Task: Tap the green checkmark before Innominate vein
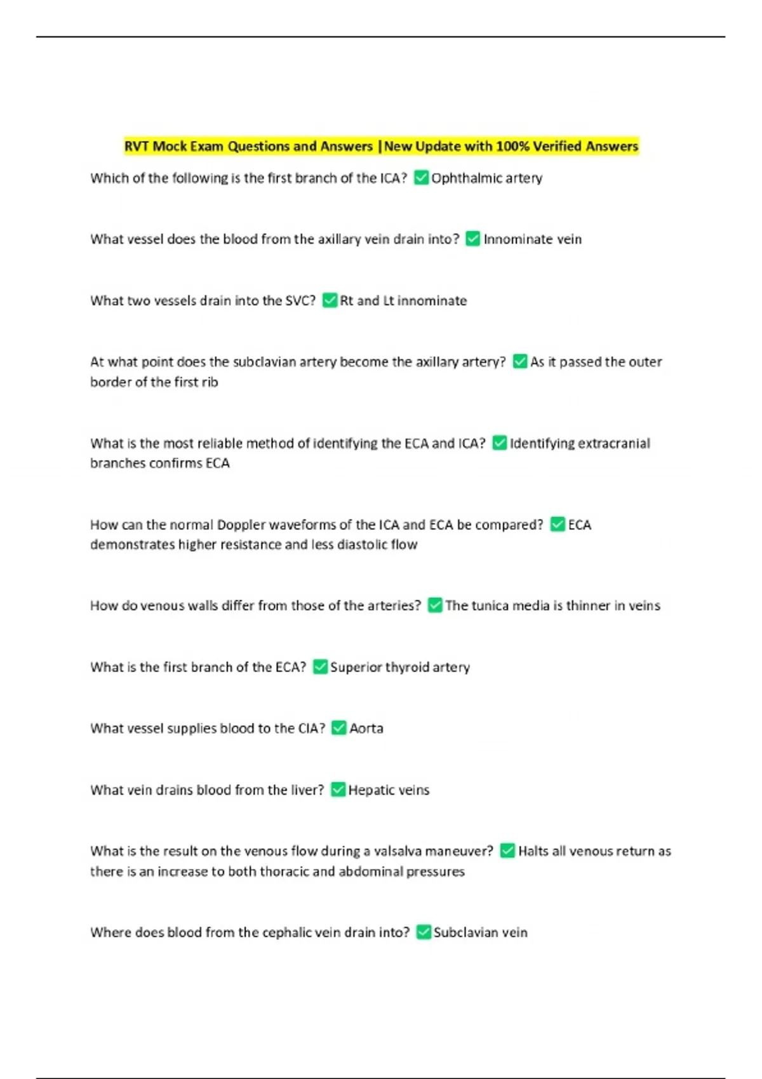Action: tap(472, 239)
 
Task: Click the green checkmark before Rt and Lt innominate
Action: tap(330, 300)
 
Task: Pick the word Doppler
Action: tap(241, 525)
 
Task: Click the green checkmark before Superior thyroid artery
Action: tap(320, 666)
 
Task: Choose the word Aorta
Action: tap(366, 729)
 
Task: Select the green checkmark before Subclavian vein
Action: tap(424, 932)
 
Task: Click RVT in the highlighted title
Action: tap(137, 147)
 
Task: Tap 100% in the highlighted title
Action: tap(512, 147)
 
